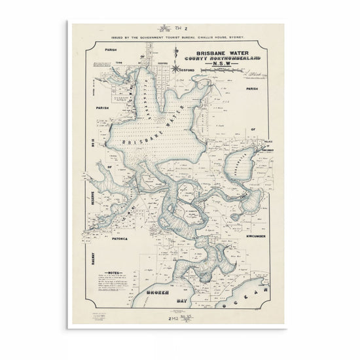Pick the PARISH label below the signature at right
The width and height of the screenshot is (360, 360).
[x=253, y=87]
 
